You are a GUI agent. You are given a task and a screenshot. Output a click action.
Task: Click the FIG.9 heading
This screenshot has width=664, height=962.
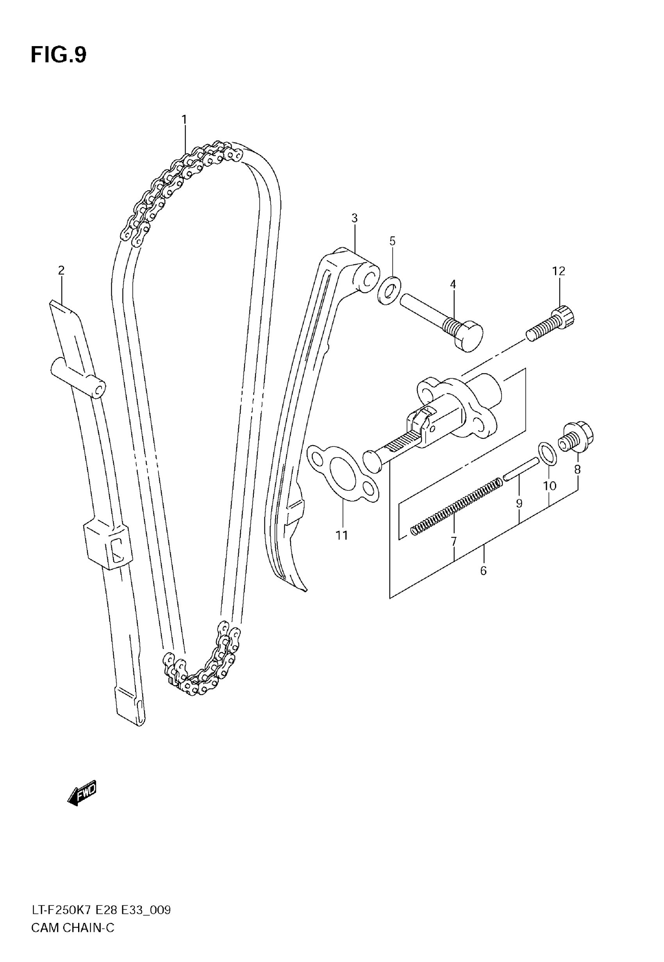58,55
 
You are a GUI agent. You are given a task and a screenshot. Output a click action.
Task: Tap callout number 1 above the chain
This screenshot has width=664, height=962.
184,120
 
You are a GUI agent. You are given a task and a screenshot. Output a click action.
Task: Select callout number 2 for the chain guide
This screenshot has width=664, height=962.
61,271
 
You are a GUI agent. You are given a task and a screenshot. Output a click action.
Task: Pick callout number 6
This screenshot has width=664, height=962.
483,571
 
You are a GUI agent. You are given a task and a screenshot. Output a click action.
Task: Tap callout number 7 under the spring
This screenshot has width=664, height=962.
453,541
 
